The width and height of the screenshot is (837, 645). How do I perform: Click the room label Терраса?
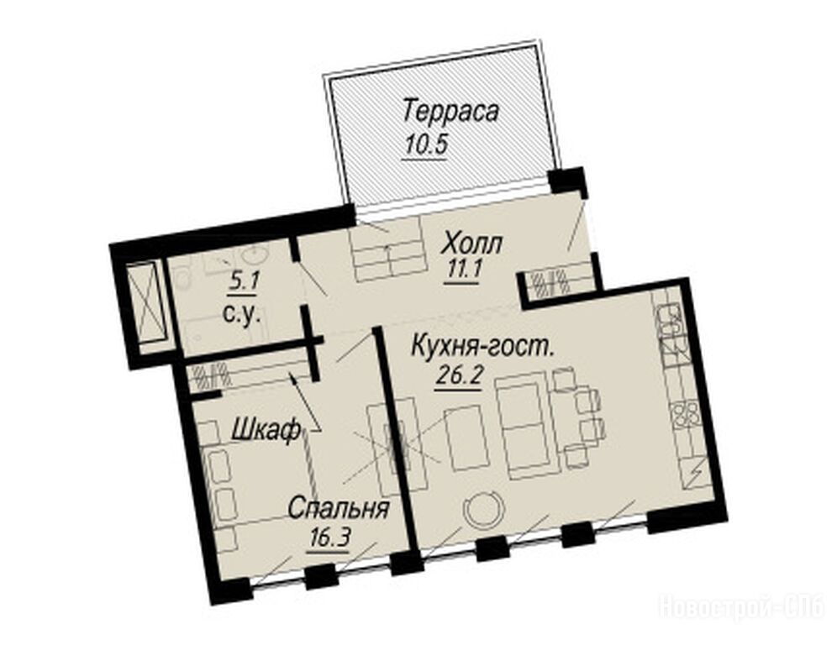pos(450,112)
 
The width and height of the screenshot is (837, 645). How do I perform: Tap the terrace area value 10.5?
pos(424,145)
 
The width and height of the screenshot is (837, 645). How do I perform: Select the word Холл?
pos(472,245)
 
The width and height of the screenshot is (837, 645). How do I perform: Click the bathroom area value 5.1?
pos(243,282)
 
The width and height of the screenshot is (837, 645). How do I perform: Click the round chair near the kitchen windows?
pos(483,510)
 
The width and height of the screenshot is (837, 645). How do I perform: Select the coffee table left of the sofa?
pos(466,438)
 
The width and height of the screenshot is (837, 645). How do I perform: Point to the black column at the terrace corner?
pos(568,182)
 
